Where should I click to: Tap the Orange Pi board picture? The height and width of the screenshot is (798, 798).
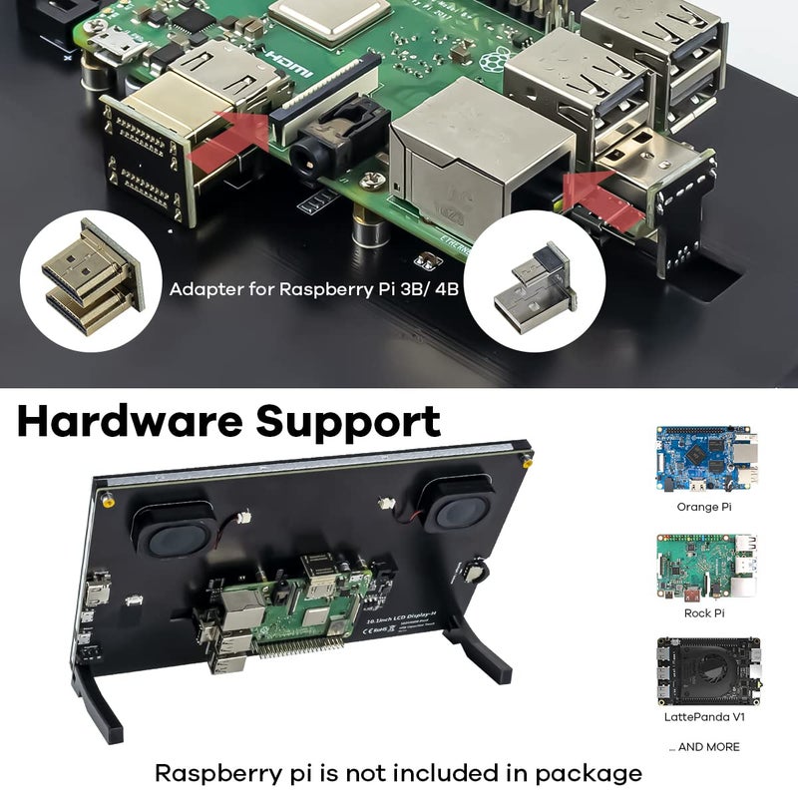coord(706,460)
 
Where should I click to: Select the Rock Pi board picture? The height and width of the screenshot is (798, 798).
coord(706,566)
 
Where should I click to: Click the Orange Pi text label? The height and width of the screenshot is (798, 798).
coord(704,507)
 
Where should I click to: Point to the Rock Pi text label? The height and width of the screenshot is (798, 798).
coord(705,612)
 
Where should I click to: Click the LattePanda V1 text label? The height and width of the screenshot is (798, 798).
coord(704,716)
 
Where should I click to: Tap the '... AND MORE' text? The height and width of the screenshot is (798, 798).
coord(704,746)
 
